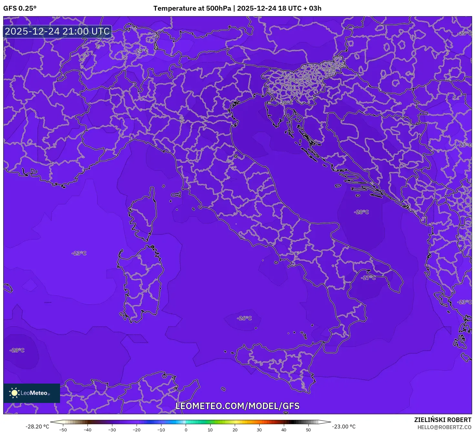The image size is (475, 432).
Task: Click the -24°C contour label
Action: coord(141,51)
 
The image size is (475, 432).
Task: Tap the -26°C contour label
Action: coord(244,318)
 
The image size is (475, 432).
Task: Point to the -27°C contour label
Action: coord(368,278)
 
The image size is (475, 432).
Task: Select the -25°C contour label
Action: coord(465,34)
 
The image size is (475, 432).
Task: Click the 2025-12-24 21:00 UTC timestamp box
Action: coord(57,32)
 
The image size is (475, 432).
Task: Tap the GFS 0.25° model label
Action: coord(20,8)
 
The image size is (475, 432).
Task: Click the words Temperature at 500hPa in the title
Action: coord(192,8)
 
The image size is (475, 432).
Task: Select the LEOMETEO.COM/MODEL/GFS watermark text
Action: coord(237,406)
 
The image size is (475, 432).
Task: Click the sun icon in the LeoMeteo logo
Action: coord(14,393)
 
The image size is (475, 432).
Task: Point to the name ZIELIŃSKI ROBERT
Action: coord(443,420)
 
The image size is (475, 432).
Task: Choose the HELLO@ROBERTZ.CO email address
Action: coord(444,427)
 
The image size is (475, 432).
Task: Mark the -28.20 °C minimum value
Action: coord(37,427)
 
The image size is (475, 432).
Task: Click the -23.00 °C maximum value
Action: coord(344,427)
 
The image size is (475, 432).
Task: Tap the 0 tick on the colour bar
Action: coord(186,430)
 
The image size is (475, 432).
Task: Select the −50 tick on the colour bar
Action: coord(63,430)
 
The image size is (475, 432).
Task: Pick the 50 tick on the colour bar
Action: coord(308,430)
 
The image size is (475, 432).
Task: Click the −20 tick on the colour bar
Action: coord(137,430)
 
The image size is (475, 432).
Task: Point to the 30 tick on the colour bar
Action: coord(259,430)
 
